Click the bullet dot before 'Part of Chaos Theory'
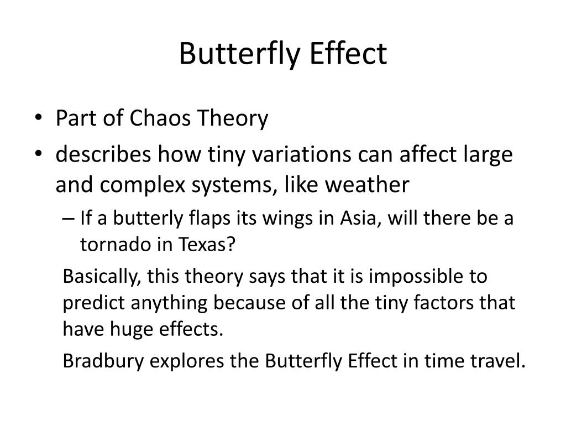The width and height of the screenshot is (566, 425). (x=44, y=118)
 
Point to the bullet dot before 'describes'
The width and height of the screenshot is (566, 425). (x=44, y=154)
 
